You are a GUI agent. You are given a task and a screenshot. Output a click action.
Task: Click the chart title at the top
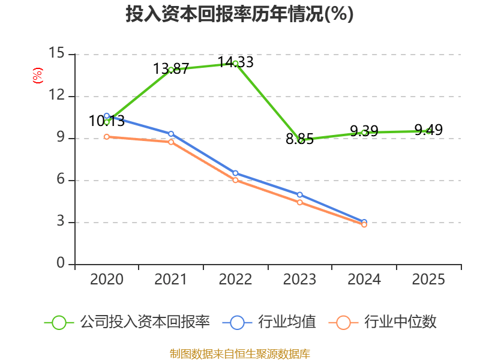tap(239, 14)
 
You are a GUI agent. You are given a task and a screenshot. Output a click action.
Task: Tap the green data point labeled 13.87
tap(171, 70)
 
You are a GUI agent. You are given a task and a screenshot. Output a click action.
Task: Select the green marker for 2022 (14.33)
tap(236, 64)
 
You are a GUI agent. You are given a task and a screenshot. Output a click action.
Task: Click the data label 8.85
tap(299, 140)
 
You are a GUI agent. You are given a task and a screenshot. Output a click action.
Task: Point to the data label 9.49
tap(428, 130)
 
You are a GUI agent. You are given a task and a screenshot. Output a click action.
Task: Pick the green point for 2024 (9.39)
tap(364, 133)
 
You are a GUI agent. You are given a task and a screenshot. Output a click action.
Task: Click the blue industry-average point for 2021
tap(171, 134)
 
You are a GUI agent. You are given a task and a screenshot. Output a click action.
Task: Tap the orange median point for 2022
tap(236, 180)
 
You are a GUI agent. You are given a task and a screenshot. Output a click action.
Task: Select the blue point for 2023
tap(300, 194)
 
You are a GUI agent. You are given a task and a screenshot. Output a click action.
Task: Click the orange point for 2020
tap(107, 137)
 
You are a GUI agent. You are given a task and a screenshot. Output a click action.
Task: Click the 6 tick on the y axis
tap(61, 180)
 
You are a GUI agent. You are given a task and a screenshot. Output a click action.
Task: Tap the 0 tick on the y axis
tap(61, 264)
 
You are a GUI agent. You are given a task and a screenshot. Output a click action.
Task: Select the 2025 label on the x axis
tap(428, 280)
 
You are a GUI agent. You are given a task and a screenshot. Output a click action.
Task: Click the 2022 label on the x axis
tap(235, 280)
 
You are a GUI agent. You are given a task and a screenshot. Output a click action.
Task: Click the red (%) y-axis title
tap(38, 76)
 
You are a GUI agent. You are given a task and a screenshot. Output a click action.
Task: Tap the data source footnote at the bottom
tap(239, 353)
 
